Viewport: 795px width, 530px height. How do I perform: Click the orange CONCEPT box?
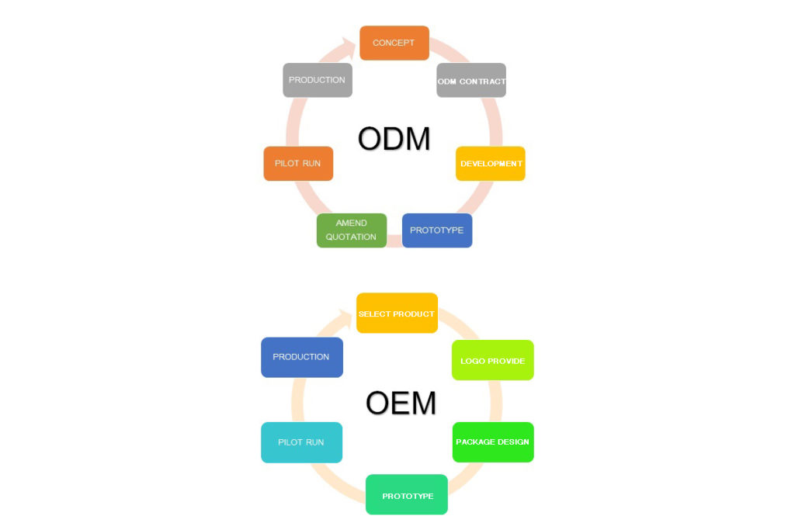tap(394, 43)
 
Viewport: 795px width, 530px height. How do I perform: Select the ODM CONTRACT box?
tap(471, 81)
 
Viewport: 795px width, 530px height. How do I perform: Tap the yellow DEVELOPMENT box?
tap(491, 164)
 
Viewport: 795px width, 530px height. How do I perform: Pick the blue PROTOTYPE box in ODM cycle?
tap(436, 230)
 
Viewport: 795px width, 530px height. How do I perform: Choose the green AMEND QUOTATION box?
tap(351, 230)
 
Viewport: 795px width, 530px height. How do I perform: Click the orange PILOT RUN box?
tap(298, 164)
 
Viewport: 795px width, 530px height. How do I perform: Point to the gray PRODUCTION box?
tap(317, 80)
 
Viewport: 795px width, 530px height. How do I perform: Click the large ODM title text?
tap(394, 139)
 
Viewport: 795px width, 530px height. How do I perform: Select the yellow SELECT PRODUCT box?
tap(397, 313)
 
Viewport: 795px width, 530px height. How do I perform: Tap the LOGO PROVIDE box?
tap(493, 361)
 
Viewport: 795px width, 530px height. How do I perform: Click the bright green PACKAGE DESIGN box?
tap(493, 442)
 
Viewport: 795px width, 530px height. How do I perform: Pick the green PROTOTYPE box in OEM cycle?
tap(407, 495)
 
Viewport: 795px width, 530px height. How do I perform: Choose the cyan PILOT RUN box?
tap(301, 442)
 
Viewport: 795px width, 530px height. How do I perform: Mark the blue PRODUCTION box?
tap(301, 357)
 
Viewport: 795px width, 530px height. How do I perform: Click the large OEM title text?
tap(400, 404)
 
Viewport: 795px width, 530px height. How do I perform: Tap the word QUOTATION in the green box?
tap(351, 237)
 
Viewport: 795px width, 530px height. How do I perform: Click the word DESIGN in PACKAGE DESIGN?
tap(512, 442)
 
